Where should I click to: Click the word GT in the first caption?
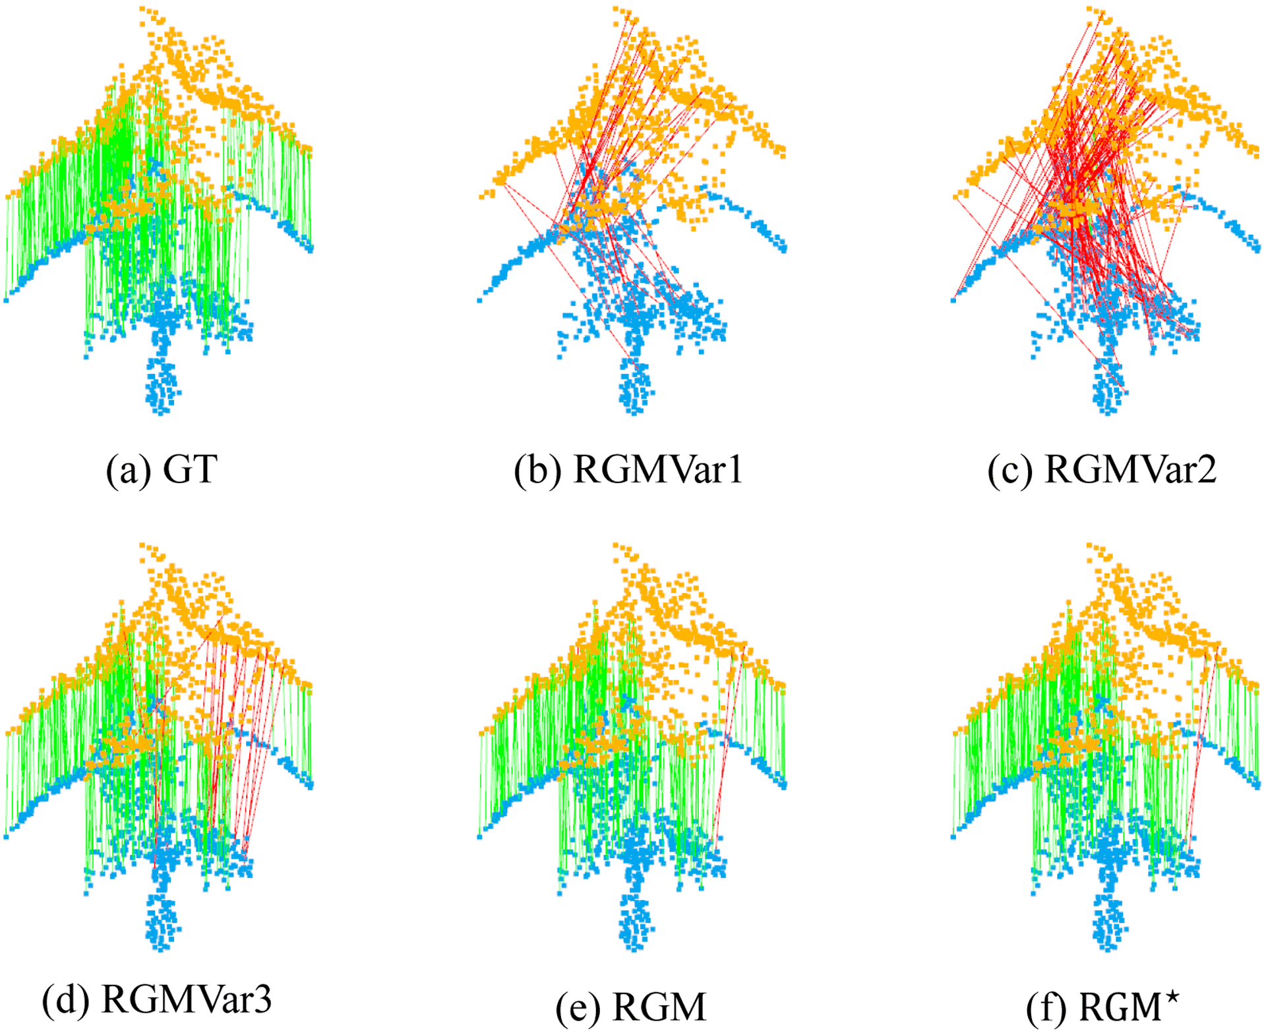(x=190, y=469)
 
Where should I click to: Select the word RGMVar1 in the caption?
(x=657, y=469)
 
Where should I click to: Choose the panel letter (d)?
(x=65, y=1000)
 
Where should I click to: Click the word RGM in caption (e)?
(x=659, y=1007)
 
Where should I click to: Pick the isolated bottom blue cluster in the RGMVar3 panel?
(x=162, y=922)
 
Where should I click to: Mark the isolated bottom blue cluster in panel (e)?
(x=635, y=922)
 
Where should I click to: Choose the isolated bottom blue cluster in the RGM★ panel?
(x=1108, y=922)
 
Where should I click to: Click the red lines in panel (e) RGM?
(x=727, y=745)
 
